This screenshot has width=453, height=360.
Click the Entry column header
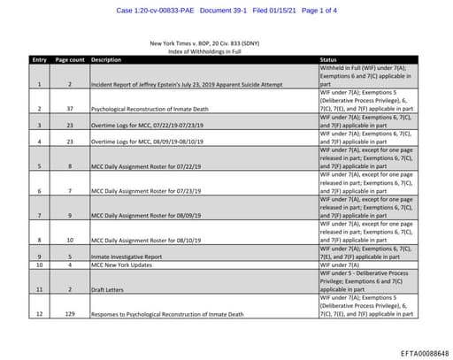pos(39,59)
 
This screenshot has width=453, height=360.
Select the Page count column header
pos(69,59)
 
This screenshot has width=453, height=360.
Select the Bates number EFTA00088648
pos(418,351)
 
